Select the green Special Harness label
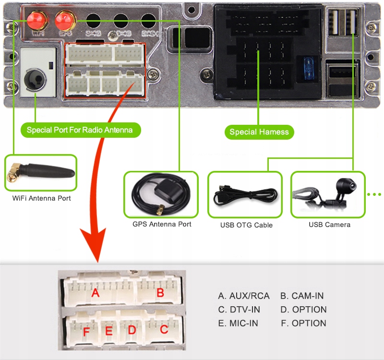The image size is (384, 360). click(259, 132)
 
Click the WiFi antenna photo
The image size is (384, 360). click(41, 173)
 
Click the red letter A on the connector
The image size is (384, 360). click(96, 292)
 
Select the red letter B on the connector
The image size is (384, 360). click(160, 292)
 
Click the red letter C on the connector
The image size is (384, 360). click(164, 330)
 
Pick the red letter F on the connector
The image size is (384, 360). click(86, 331)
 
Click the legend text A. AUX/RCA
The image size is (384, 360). click(244, 296)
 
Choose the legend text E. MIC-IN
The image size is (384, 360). click(238, 324)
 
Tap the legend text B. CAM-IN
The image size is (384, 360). click(302, 296)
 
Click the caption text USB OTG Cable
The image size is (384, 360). click(246, 225)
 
